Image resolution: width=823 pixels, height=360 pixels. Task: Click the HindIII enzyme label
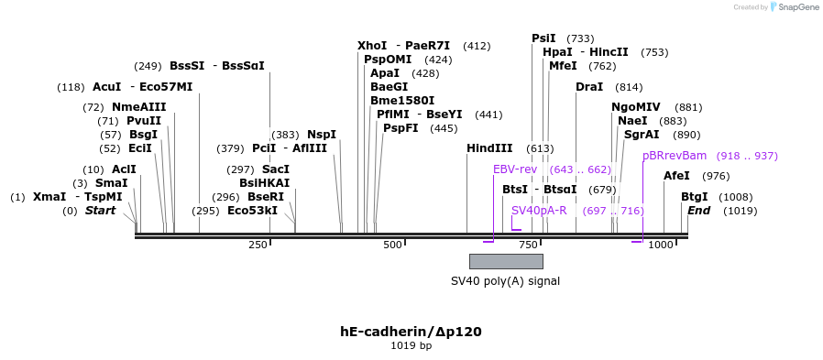(x=489, y=148)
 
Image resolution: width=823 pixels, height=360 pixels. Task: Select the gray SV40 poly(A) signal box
(x=506, y=261)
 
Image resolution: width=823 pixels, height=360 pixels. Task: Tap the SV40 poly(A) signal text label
(x=505, y=281)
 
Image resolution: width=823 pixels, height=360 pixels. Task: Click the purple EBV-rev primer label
(x=515, y=169)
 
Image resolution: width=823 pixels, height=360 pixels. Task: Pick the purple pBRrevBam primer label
(x=675, y=156)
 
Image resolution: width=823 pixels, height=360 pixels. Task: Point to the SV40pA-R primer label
(x=539, y=211)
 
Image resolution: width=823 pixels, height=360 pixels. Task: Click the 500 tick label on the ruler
(x=392, y=245)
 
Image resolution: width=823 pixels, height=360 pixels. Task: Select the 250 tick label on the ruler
(x=258, y=245)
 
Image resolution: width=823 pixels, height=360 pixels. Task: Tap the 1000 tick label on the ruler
(x=660, y=245)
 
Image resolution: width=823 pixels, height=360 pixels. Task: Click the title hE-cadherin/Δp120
(x=411, y=332)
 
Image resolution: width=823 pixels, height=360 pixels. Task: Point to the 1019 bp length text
(x=411, y=346)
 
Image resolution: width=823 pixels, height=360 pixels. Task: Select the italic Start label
(x=101, y=211)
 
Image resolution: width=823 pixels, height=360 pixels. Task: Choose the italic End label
(x=698, y=211)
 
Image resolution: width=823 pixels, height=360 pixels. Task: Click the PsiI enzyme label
(x=543, y=38)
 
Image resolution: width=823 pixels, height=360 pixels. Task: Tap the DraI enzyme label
(x=589, y=87)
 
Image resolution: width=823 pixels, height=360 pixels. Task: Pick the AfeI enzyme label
(x=676, y=176)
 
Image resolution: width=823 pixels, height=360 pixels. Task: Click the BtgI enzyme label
(x=695, y=197)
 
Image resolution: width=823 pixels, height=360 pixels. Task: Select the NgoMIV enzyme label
(x=636, y=107)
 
